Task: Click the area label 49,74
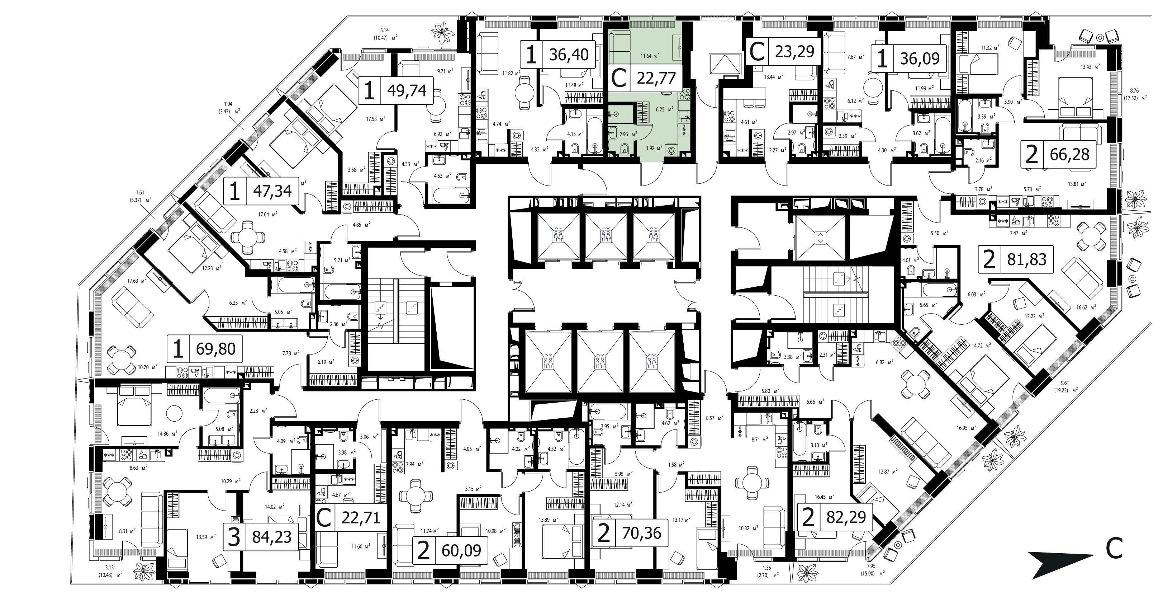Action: [x=407, y=91]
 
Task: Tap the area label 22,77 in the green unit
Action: [x=656, y=78]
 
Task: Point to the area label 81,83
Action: [x=1027, y=260]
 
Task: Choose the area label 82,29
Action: [x=846, y=517]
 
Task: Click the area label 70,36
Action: [x=641, y=533]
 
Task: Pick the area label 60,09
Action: [x=461, y=550]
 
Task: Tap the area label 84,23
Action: [x=272, y=537]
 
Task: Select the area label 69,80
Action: [x=216, y=349]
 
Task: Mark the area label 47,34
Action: [x=272, y=191]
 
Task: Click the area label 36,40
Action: [x=569, y=55]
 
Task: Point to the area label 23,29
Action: [x=794, y=51]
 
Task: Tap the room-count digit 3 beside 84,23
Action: [x=234, y=538]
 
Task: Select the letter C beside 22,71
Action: [x=324, y=518]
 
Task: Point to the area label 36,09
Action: [x=920, y=58]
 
